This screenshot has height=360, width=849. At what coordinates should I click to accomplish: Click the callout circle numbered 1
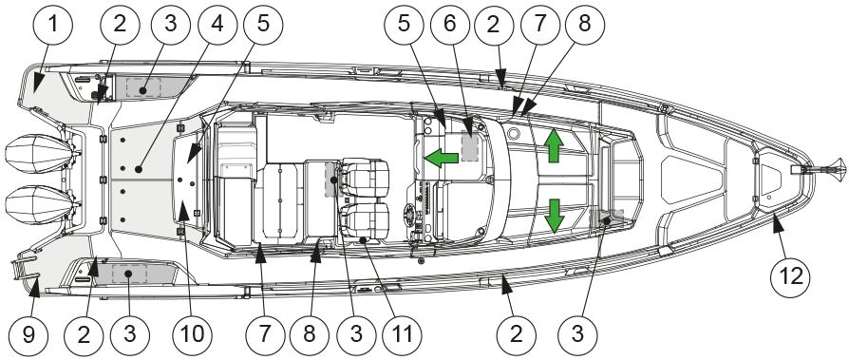52,25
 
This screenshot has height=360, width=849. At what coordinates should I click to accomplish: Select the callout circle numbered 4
217,25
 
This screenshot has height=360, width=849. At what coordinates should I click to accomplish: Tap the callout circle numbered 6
450,25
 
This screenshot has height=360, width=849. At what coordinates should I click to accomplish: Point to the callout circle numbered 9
28,334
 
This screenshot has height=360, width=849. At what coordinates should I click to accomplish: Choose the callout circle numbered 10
193,334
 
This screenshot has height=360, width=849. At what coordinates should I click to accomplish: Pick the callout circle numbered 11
401,334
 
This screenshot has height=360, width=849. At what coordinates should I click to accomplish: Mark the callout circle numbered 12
790,277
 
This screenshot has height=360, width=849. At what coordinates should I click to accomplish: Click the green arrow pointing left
442,159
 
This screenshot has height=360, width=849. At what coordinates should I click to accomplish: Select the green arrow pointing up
554,145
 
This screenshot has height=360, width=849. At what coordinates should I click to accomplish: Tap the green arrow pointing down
554,216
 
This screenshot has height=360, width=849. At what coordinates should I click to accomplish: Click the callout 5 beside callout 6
405,25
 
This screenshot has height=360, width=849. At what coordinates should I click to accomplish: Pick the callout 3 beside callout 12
577,334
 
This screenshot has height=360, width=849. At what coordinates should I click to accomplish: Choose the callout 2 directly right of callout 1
120,25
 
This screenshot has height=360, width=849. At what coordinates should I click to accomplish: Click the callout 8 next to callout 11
310,334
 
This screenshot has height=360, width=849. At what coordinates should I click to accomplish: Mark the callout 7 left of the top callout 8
539,25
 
